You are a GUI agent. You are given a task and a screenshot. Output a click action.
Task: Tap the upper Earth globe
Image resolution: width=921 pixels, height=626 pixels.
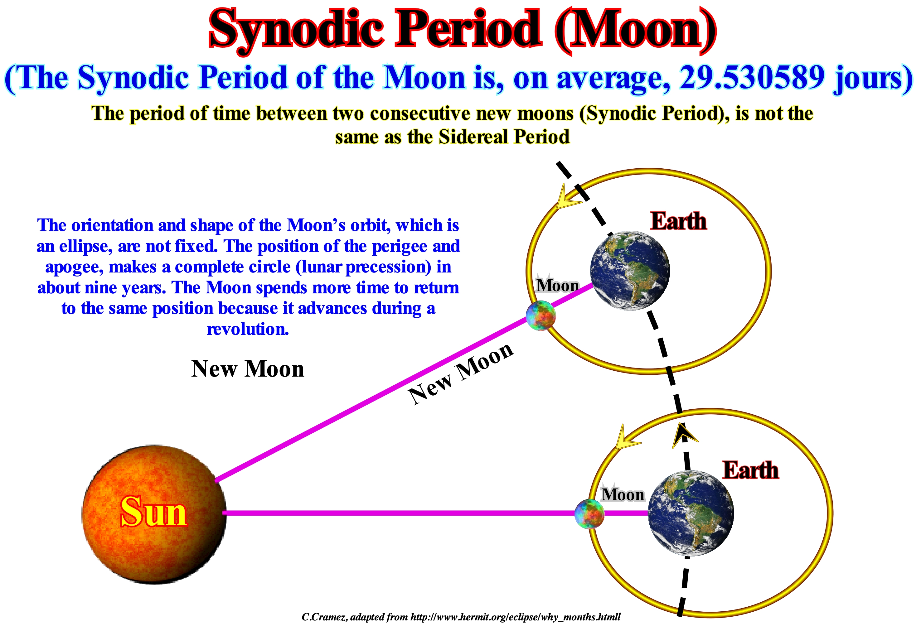pyautogui.click(x=630, y=271)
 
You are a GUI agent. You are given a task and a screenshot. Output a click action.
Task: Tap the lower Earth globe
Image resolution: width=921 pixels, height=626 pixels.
pyautogui.click(x=691, y=513)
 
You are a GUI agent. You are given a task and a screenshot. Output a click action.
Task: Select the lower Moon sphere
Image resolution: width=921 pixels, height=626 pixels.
pyautogui.click(x=589, y=514)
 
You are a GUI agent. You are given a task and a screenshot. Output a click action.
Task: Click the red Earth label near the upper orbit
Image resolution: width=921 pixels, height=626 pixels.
pyautogui.click(x=678, y=221)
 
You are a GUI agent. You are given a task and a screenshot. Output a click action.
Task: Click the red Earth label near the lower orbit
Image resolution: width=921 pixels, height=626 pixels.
pyautogui.click(x=751, y=470)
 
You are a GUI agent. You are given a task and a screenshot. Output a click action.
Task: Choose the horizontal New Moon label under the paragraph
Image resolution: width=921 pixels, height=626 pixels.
pyautogui.click(x=248, y=369)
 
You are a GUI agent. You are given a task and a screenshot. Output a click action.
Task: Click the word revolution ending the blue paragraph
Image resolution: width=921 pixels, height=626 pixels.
pyautogui.click(x=248, y=329)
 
